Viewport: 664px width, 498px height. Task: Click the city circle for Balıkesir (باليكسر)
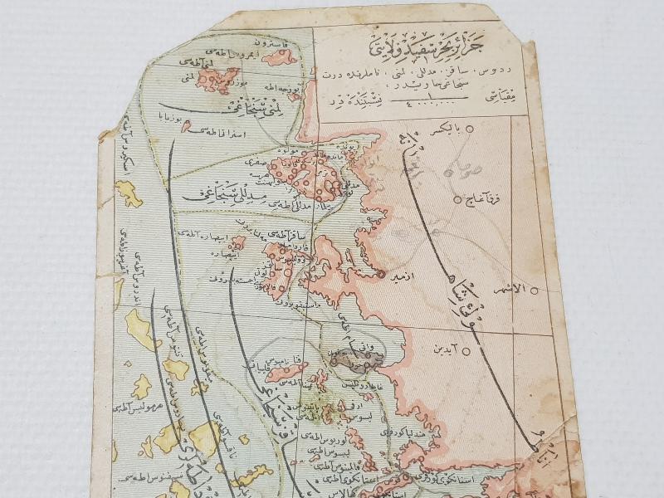(x=470, y=129)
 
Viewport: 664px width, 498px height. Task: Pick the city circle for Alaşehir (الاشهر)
(x=536, y=290)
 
